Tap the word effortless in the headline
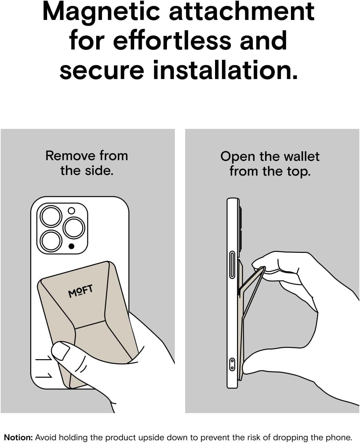point(172,40)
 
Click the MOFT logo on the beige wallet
point(80,291)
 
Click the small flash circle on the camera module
point(71,211)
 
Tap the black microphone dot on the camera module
point(71,246)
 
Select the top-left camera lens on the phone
point(51,216)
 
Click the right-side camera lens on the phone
point(74,228)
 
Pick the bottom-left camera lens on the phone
point(51,241)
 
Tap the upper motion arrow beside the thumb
point(44,358)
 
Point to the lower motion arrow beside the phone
point(44,375)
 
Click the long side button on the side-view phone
point(232,265)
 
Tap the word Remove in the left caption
point(69,156)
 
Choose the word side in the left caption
point(99,170)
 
